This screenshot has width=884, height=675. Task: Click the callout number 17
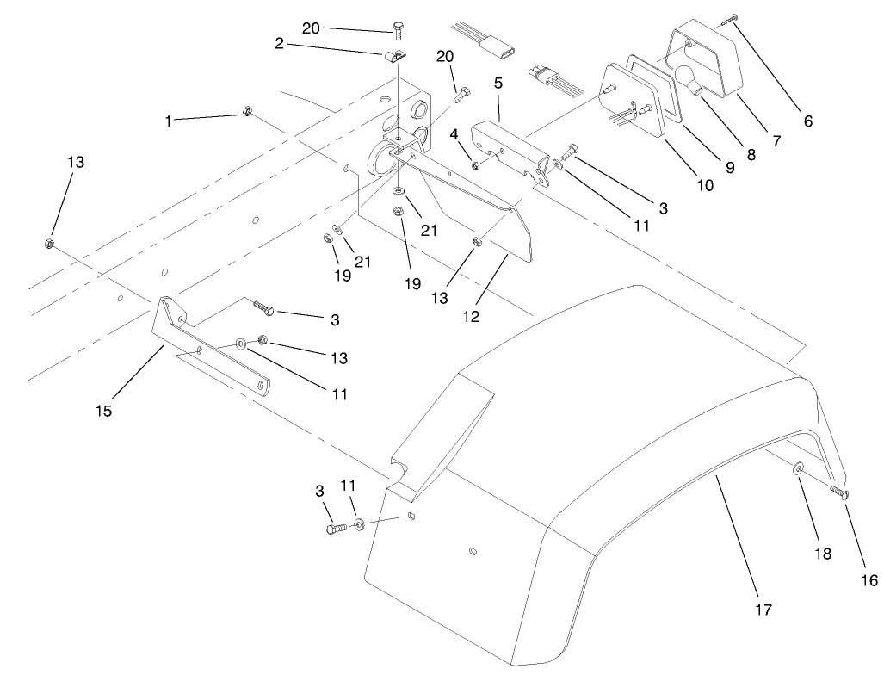coord(762,610)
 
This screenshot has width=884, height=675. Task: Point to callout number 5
coord(498,84)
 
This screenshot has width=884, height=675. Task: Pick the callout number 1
coord(169,121)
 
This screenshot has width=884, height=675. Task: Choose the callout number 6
coord(807,121)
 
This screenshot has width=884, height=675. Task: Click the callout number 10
coord(705,184)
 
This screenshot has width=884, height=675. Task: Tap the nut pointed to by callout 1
coord(244,111)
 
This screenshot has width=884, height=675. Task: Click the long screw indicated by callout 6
coord(732,17)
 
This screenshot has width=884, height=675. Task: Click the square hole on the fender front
coord(412,517)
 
